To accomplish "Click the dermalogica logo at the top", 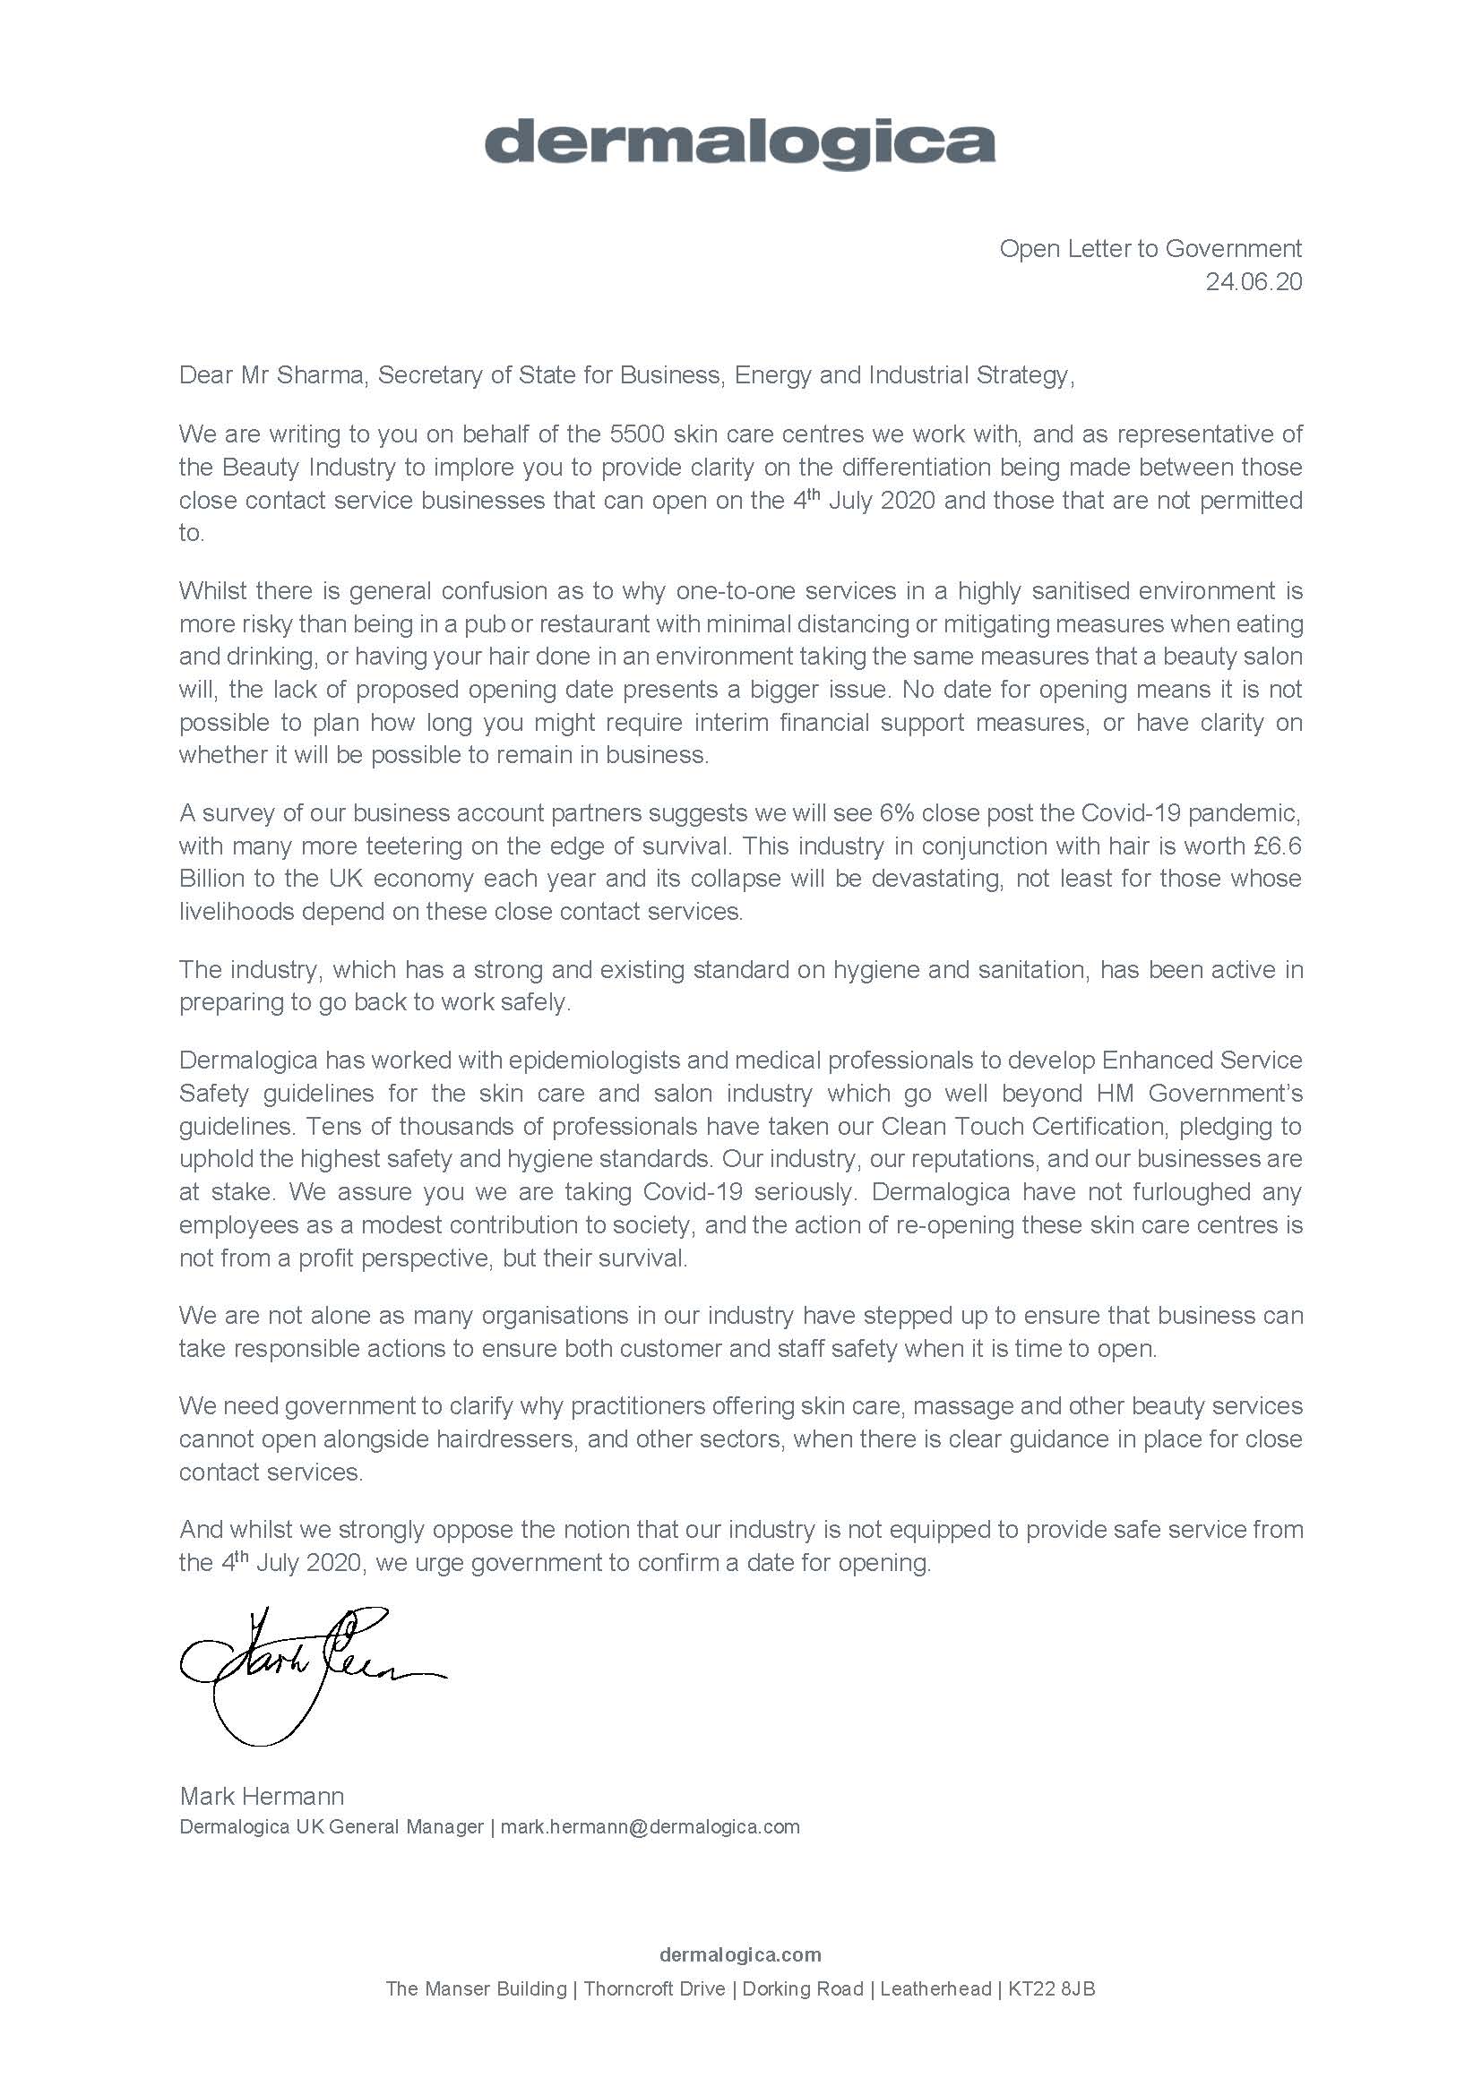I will pyautogui.click(x=739, y=144).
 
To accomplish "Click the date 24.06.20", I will pyautogui.click(x=1253, y=282).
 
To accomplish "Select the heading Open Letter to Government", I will pyautogui.click(x=1150, y=248).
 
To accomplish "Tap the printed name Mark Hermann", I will pyautogui.click(x=262, y=1796).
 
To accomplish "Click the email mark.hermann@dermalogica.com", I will pyautogui.click(x=650, y=1826).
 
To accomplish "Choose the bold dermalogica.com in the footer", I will pyautogui.click(x=740, y=1954).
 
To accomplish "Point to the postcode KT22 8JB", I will pyautogui.click(x=1051, y=1988).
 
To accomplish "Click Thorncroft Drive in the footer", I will pyautogui.click(x=654, y=1988).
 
